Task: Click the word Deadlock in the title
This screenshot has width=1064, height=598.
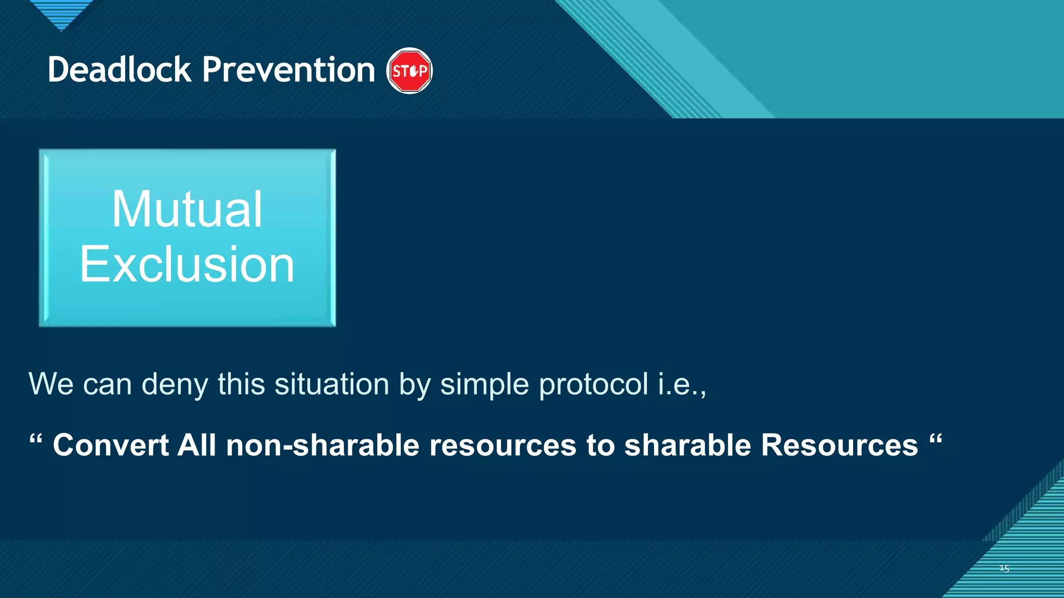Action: (x=119, y=70)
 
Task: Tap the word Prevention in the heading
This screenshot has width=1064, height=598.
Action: (x=288, y=70)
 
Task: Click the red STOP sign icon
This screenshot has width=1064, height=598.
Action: (x=409, y=71)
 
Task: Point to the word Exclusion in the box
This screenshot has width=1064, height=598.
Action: (x=187, y=265)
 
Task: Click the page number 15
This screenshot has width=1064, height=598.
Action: (x=1004, y=569)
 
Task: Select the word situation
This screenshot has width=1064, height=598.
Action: (x=331, y=385)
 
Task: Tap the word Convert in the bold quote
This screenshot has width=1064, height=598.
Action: (x=111, y=445)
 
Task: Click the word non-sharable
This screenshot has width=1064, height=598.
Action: (x=323, y=445)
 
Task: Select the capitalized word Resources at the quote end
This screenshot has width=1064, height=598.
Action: (x=839, y=445)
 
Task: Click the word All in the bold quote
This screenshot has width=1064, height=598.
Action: (x=196, y=445)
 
